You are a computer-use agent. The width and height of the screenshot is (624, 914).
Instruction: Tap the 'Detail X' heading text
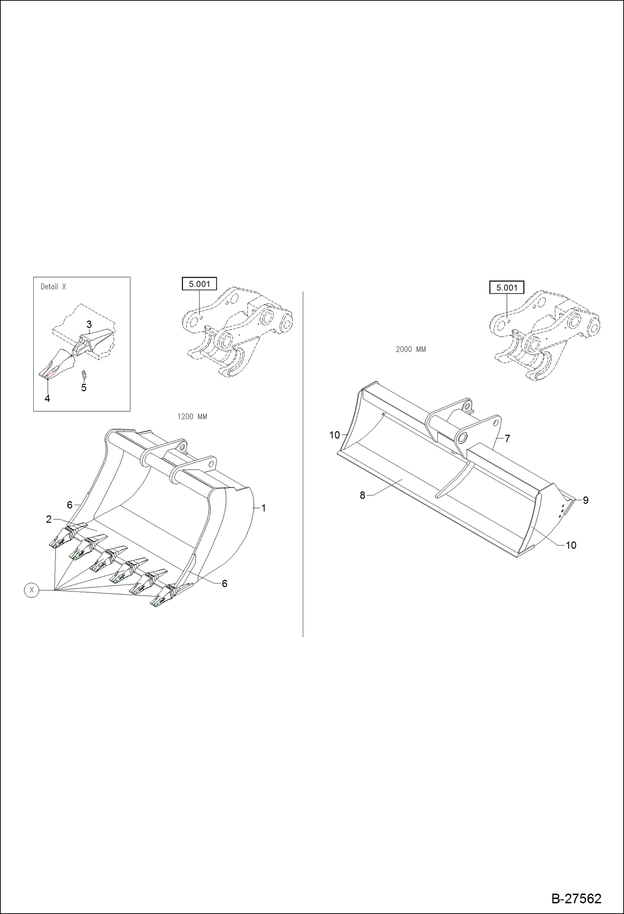click(x=53, y=286)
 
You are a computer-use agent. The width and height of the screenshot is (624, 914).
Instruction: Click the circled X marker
click(x=32, y=590)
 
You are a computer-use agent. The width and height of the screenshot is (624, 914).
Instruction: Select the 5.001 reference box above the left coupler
click(x=199, y=284)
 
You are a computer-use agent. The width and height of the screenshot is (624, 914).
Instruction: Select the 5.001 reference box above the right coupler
click(x=507, y=288)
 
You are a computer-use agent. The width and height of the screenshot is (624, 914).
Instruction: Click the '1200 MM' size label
click(x=192, y=416)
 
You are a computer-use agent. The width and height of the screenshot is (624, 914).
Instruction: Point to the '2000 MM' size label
click(x=411, y=349)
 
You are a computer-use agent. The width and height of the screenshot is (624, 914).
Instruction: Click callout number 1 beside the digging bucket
click(x=263, y=508)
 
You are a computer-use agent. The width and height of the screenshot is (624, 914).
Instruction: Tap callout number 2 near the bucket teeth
click(x=49, y=519)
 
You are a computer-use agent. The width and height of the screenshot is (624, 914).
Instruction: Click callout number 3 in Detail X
click(x=89, y=324)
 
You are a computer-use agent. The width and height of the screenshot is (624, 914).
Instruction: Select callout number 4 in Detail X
click(x=47, y=398)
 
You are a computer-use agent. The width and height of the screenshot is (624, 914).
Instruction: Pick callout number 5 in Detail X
click(x=84, y=388)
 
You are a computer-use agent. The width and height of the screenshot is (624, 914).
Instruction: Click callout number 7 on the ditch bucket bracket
click(x=507, y=438)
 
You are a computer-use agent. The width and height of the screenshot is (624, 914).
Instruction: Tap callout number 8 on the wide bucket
click(x=362, y=495)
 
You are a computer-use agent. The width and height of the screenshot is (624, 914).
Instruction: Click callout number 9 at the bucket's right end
click(x=585, y=500)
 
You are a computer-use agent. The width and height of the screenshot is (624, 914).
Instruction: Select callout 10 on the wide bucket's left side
click(x=334, y=435)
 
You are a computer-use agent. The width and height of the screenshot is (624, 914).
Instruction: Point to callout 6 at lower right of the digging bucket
click(x=225, y=583)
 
